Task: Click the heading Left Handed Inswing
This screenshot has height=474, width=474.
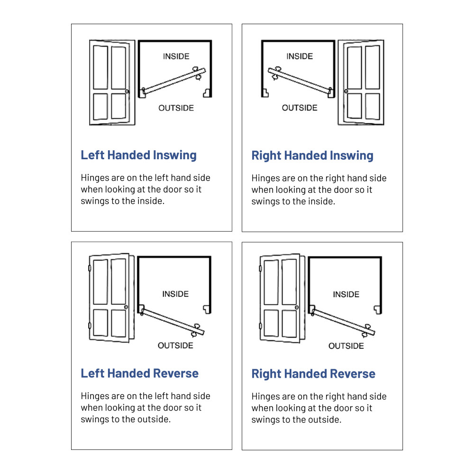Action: click(138, 155)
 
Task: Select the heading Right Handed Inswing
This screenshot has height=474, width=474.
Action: click(312, 155)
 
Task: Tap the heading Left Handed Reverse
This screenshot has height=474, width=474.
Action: click(139, 374)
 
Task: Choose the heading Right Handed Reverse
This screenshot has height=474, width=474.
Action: click(313, 374)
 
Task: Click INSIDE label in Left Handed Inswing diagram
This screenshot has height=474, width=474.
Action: click(176, 56)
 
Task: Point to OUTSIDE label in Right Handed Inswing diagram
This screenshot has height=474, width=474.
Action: click(300, 108)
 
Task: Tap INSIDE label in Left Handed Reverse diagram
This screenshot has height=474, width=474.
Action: click(175, 294)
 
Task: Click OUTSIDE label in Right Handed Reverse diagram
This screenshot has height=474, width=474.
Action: click(346, 346)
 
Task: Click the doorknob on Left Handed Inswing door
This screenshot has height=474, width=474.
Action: click(127, 91)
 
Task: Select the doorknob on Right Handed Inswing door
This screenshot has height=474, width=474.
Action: click(346, 91)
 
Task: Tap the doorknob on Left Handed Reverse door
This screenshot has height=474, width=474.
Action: click(126, 307)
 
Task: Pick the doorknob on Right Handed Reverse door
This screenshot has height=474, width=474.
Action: click(296, 307)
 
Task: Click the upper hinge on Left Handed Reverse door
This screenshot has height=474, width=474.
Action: click(89, 268)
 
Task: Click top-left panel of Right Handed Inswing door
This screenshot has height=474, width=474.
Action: click(354, 68)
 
